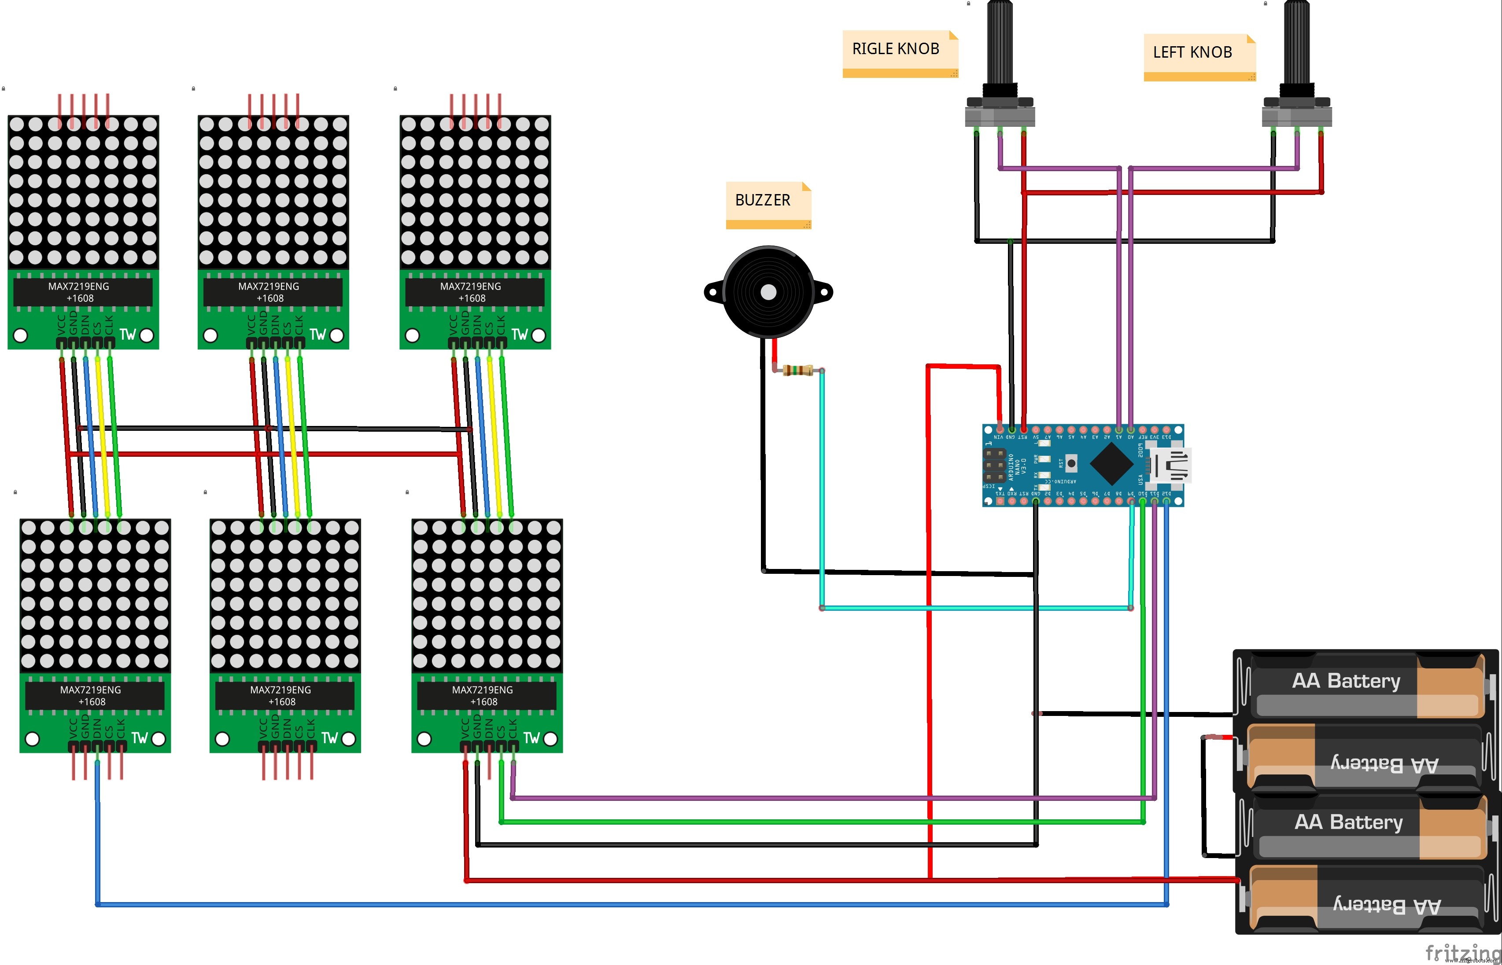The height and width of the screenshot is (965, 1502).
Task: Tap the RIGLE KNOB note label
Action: (x=895, y=49)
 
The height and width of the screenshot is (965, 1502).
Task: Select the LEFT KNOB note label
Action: (x=1192, y=53)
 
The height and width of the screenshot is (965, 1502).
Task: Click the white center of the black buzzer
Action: (x=768, y=292)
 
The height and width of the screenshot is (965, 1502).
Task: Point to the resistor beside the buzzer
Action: (x=797, y=371)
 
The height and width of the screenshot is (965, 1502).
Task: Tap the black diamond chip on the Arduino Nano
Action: (x=1111, y=464)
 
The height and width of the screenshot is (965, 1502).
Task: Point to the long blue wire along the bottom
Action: (x=627, y=904)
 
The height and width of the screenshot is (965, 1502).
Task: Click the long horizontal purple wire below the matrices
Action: (x=815, y=798)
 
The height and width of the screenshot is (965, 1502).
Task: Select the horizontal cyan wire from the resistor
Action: (x=972, y=608)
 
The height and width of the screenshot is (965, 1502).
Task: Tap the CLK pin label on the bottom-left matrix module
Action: (x=121, y=728)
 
